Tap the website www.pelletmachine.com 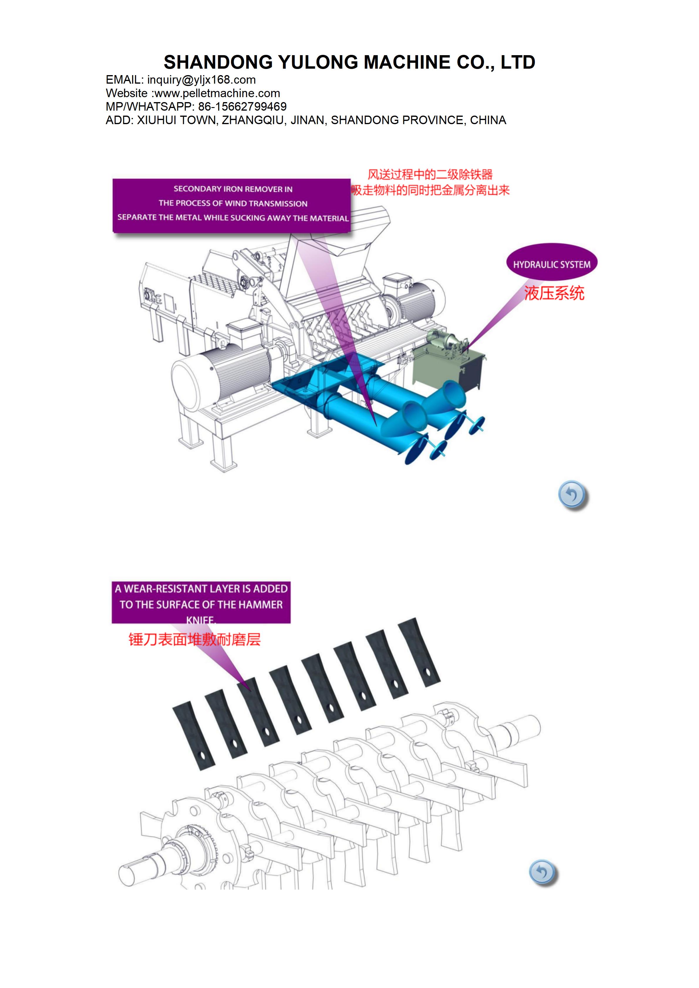pos(217,93)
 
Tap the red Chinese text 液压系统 pos(554,293)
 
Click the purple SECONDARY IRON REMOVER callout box pos(232,206)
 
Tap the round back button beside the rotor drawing pos(543,873)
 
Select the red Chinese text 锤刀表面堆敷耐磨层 pos(195,639)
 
